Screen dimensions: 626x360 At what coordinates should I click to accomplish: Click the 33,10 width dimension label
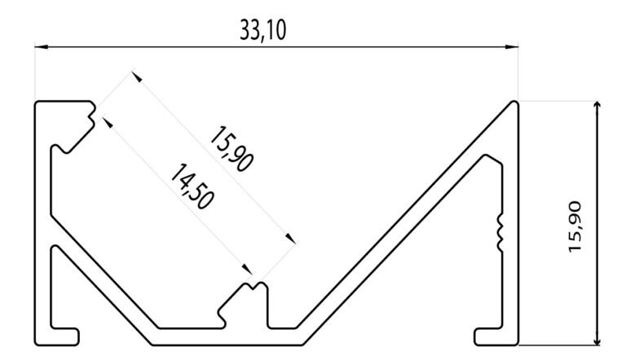[263, 30]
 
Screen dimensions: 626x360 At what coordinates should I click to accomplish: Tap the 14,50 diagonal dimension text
[192, 187]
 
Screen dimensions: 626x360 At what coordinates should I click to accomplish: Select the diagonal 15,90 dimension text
[231, 149]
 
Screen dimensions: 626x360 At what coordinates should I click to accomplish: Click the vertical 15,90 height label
[575, 226]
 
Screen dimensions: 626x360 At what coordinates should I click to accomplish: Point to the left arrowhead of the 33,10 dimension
[42, 47]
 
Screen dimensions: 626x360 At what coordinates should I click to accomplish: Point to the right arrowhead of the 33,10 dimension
[512, 47]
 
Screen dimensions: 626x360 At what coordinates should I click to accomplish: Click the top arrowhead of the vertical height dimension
[597, 107]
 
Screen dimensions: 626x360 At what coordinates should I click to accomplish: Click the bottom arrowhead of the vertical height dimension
[597, 339]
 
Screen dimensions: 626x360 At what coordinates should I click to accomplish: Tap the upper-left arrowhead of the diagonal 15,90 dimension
[137, 77]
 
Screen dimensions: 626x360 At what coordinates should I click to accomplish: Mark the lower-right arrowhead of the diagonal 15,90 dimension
[291, 239]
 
